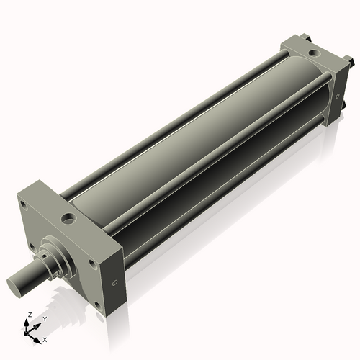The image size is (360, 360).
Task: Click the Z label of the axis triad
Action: tap(28, 315)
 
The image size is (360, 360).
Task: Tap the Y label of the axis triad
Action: tap(45, 319)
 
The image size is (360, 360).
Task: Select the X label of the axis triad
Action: tap(45, 338)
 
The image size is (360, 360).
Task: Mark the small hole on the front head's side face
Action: tap(113, 282)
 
